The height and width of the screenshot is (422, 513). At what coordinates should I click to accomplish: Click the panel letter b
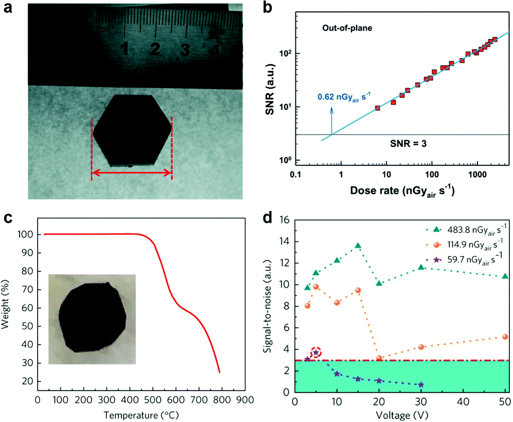267,8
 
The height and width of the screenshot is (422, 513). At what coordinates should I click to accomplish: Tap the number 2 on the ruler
155,49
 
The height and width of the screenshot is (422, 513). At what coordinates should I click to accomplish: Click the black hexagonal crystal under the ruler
132,130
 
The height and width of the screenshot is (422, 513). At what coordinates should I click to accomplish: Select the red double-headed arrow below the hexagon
132,173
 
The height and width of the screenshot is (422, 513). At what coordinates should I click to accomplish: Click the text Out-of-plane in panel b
347,28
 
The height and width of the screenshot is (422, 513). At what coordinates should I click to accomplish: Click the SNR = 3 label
408,144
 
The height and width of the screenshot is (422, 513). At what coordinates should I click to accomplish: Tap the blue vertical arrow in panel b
331,120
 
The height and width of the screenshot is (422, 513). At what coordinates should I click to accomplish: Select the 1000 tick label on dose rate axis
477,175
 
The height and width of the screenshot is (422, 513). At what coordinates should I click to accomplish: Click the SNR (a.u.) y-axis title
270,89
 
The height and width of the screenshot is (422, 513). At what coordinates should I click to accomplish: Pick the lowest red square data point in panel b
377,108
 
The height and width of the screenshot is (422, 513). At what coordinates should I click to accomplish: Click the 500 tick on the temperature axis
153,400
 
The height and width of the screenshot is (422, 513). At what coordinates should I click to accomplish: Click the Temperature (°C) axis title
141,415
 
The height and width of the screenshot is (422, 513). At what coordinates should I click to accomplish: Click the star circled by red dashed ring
316,353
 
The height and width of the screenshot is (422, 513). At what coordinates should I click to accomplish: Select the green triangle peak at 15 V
358,246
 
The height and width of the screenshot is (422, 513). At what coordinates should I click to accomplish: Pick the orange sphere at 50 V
505,337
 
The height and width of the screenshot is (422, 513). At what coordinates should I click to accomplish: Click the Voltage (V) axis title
402,415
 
